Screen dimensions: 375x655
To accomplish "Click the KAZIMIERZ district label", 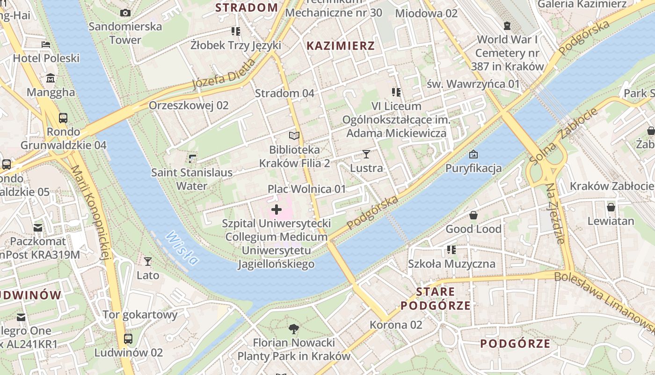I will (x=341, y=46).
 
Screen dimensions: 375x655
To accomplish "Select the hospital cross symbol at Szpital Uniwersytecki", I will (x=277, y=210).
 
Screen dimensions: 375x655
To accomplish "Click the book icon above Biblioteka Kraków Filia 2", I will (x=294, y=136).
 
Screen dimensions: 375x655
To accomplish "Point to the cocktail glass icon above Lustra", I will (x=366, y=154).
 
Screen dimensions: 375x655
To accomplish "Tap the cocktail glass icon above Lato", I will (x=148, y=261).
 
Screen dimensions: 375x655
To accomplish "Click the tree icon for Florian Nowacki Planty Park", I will (x=294, y=329).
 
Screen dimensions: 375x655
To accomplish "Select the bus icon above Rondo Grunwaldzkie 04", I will (x=63, y=118).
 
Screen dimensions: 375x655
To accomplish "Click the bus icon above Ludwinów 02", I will (x=128, y=338).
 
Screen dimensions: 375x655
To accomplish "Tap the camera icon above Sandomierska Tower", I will (x=125, y=13).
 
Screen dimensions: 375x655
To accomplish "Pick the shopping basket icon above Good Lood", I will (x=473, y=215).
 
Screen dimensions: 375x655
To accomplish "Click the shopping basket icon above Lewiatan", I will (x=611, y=207).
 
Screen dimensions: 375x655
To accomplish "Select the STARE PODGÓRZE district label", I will (x=436, y=299).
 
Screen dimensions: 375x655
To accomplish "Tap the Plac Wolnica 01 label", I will (x=306, y=189).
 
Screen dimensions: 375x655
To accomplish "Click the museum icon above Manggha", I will (x=51, y=78).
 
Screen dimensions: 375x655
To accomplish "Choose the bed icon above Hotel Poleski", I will (x=46, y=45).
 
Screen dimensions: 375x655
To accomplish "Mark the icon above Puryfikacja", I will (x=473, y=154).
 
